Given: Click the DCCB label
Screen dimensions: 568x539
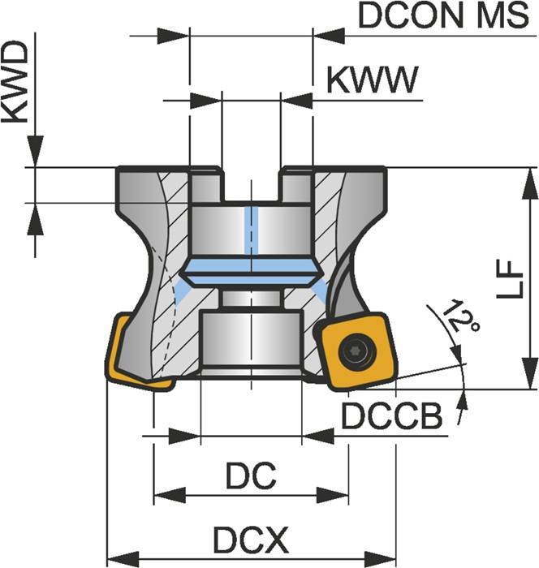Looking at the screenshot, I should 391,417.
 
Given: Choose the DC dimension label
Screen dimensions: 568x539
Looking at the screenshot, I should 251,477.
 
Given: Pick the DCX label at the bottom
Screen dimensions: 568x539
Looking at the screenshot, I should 251,539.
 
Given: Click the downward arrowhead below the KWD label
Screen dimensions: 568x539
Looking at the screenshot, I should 35,153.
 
